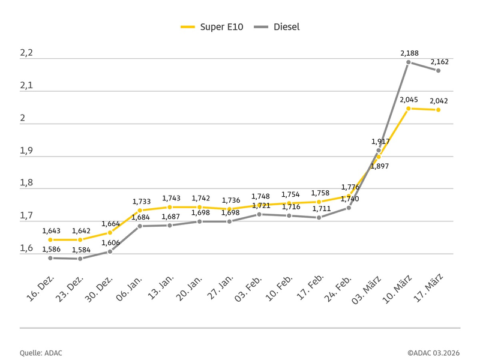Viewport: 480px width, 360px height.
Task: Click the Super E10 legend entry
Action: point(211,27)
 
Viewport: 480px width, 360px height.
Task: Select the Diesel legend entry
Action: point(276,27)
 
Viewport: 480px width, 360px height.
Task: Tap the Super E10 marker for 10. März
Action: point(409,109)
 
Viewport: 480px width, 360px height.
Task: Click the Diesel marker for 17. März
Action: point(438,71)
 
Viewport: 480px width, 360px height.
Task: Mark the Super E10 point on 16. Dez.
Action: point(50,239)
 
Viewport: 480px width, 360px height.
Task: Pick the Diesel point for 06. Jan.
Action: point(140,226)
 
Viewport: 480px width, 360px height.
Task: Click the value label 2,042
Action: point(439,101)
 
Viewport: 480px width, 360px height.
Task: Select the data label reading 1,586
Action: point(51,249)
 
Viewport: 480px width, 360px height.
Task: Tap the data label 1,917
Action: point(380,142)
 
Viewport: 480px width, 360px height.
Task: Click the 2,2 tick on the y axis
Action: point(26,53)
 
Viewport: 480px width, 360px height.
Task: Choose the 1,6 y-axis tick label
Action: point(26,248)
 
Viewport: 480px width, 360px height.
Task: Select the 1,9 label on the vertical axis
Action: point(26,151)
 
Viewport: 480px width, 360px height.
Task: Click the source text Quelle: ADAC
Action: point(41,353)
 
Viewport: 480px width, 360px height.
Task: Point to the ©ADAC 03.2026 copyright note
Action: point(434,353)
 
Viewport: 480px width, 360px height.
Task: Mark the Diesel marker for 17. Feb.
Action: point(319,217)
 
